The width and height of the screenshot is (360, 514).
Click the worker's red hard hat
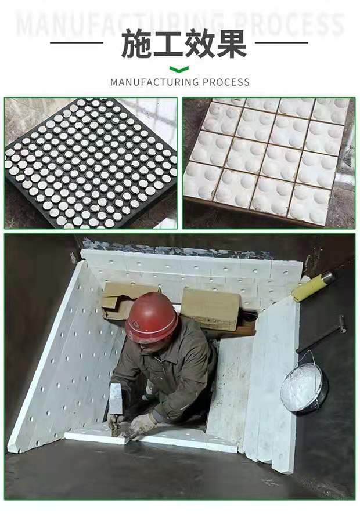(152, 317)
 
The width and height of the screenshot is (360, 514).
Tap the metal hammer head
(116, 399)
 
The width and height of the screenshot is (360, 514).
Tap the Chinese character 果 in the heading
(232, 44)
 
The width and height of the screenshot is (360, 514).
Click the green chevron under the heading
(179, 69)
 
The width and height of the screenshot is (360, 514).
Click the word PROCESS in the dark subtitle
(226, 82)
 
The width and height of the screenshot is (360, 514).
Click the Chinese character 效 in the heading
(200, 44)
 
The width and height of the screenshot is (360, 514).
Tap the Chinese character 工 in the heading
(168, 44)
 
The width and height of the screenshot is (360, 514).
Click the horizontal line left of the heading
(77, 42)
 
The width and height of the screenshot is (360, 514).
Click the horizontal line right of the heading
(281, 42)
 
